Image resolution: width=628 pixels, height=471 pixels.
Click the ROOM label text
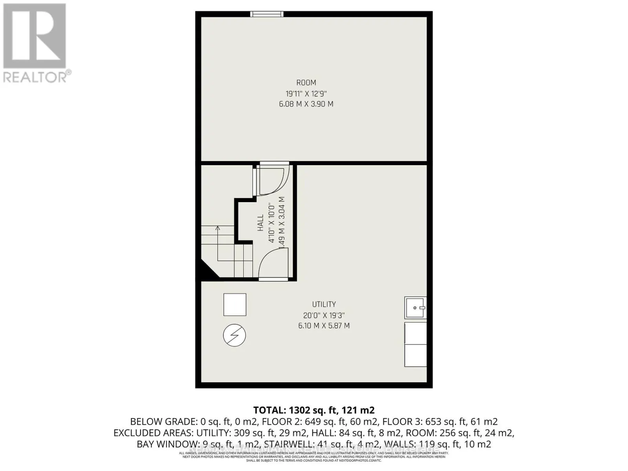click(306, 83)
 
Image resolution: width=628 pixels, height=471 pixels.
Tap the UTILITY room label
click(324, 304)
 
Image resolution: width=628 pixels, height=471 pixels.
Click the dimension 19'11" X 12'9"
click(306, 93)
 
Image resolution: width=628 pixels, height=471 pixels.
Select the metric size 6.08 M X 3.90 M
click(306, 104)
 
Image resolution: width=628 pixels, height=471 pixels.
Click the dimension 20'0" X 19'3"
click(324, 315)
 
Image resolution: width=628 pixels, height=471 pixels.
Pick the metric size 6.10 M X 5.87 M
click(324, 326)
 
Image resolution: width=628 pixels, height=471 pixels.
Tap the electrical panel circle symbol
click(234, 336)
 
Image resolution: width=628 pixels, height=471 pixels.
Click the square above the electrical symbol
click(235, 305)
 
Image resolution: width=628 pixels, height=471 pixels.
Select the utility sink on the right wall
click(415, 308)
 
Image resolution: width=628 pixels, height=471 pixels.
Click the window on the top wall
click(267, 14)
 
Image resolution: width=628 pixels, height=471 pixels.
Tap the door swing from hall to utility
click(274, 265)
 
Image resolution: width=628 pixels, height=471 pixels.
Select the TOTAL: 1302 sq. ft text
click(314, 411)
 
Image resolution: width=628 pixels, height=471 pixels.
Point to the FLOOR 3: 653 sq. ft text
click(440, 422)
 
